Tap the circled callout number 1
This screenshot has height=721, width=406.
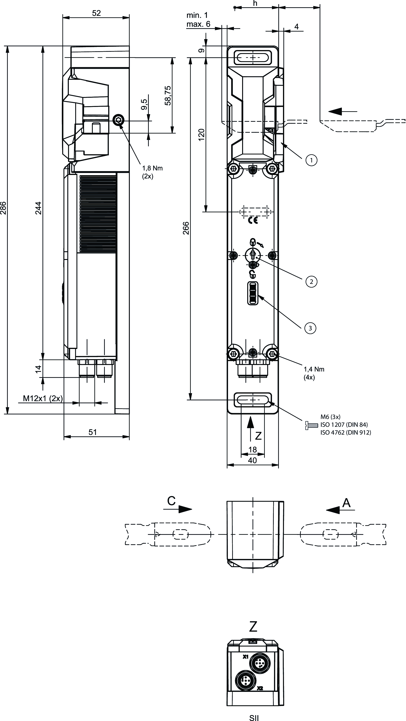point(311,160)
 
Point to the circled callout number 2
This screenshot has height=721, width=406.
point(311,281)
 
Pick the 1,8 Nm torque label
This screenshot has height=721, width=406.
point(152,168)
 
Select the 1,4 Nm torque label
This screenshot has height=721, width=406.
point(314,369)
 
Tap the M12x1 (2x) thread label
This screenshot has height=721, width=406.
point(43,398)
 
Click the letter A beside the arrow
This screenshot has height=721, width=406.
point(346,503)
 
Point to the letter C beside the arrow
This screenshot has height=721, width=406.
point(171,501)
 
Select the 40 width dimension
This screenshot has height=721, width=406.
point(252,460)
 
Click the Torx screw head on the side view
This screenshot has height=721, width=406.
point(118,121)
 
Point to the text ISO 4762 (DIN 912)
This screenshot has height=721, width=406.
point(346,432)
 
